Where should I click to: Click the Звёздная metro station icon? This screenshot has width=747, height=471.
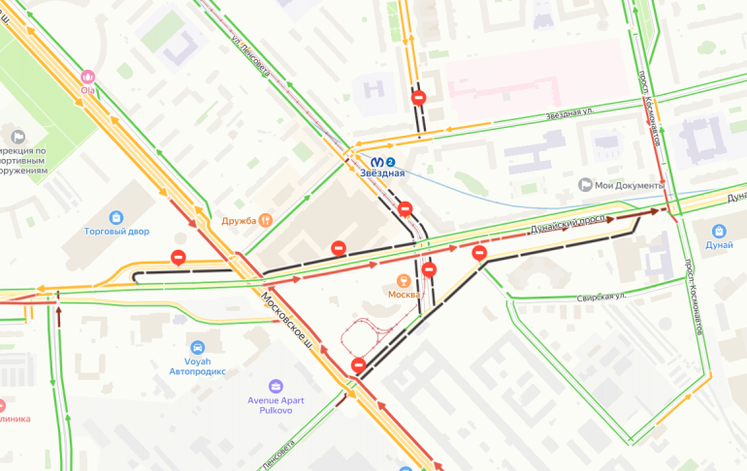(375, 161)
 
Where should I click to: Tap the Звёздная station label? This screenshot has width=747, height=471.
(382, 174)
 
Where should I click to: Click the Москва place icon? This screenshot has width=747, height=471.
(404, 279)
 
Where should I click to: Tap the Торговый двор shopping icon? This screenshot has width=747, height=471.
(116, 217)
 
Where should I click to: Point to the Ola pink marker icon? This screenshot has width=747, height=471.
(88, 77)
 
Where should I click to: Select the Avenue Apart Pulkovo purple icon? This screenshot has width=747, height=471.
(276, 387)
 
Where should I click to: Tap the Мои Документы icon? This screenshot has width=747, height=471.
(585, 184)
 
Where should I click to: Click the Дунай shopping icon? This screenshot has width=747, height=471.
(719, 232)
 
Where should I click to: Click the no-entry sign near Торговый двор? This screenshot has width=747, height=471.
(178, 257)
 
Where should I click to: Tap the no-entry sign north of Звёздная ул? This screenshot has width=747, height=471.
(418, 98)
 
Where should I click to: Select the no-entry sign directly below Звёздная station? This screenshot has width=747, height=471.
(406, 208)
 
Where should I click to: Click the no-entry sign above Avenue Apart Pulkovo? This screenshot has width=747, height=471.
(358, 364)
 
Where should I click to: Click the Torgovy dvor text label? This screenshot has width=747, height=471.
(116, 233)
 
